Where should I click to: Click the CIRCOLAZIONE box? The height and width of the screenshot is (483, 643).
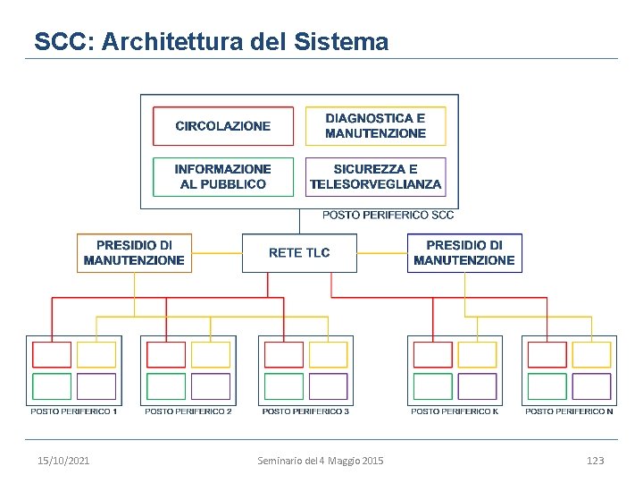pyautogui.click(x=223, y=126)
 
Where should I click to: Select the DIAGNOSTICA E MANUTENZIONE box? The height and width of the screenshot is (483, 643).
pyautogui.click(x=375, y=126)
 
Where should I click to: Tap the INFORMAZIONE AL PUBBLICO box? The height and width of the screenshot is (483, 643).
pyautogui.click(x=223, y=176)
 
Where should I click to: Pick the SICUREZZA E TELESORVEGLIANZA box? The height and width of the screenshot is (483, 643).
pyautogui.click(x=375, y=176)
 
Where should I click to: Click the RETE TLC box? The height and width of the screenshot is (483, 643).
pyautogui.click(x=299, y=253)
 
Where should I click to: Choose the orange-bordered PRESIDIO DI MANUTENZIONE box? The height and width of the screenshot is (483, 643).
pyautogui.click(x=134, y=253)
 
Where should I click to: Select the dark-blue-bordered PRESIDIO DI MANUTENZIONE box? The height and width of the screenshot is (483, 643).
pyautogui.click(x=464, y=253)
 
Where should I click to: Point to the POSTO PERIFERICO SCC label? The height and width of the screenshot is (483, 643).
pyautogui.click(x=388, y=215)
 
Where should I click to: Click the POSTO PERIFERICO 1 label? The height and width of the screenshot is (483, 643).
pyautogui.click(x=74, y=411)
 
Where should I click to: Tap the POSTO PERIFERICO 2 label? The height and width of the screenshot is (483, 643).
pyautogui.click(x=188, y=411)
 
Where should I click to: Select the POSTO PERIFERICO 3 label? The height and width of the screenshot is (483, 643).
pyautogui.click(x=305, y=411)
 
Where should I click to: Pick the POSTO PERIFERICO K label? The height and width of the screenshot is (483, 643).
pyautogui.click(x=455, y=411)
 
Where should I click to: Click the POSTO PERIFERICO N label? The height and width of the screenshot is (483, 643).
pyautogui.click(x=569, y=411)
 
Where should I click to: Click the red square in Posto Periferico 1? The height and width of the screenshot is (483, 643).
pyautogui.click(x=52, y=355)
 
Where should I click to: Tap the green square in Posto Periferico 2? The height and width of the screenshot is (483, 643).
pyautogui.click(x=166, y=386)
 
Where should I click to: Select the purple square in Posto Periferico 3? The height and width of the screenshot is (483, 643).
pyautogui.click(x=328, y=386)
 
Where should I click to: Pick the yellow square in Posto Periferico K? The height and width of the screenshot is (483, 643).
pyautogui.click(x=477, y=355)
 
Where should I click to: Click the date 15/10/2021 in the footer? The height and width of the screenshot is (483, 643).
pyautogui.click(x=63, y=461)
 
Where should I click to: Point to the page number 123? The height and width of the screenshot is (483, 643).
pyautogui.click(x=595, y=461)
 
